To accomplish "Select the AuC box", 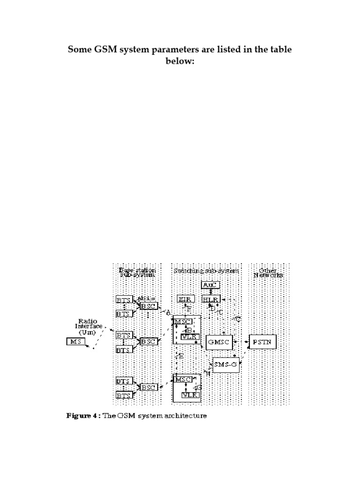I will pyautogui.click(x=210, y=285).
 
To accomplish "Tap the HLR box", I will pyautogui.click(x=211, y=299).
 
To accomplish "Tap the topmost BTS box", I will pyautogui.click(x=123, y=299).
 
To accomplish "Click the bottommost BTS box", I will pyautogui.click(x=123, y=396).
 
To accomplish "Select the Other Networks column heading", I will pyautogui.click(x=269, y=273).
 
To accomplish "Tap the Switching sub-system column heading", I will pyautogui.click(x=206, y=270).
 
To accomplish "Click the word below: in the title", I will pyautogui.click(x=180, y=61).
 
